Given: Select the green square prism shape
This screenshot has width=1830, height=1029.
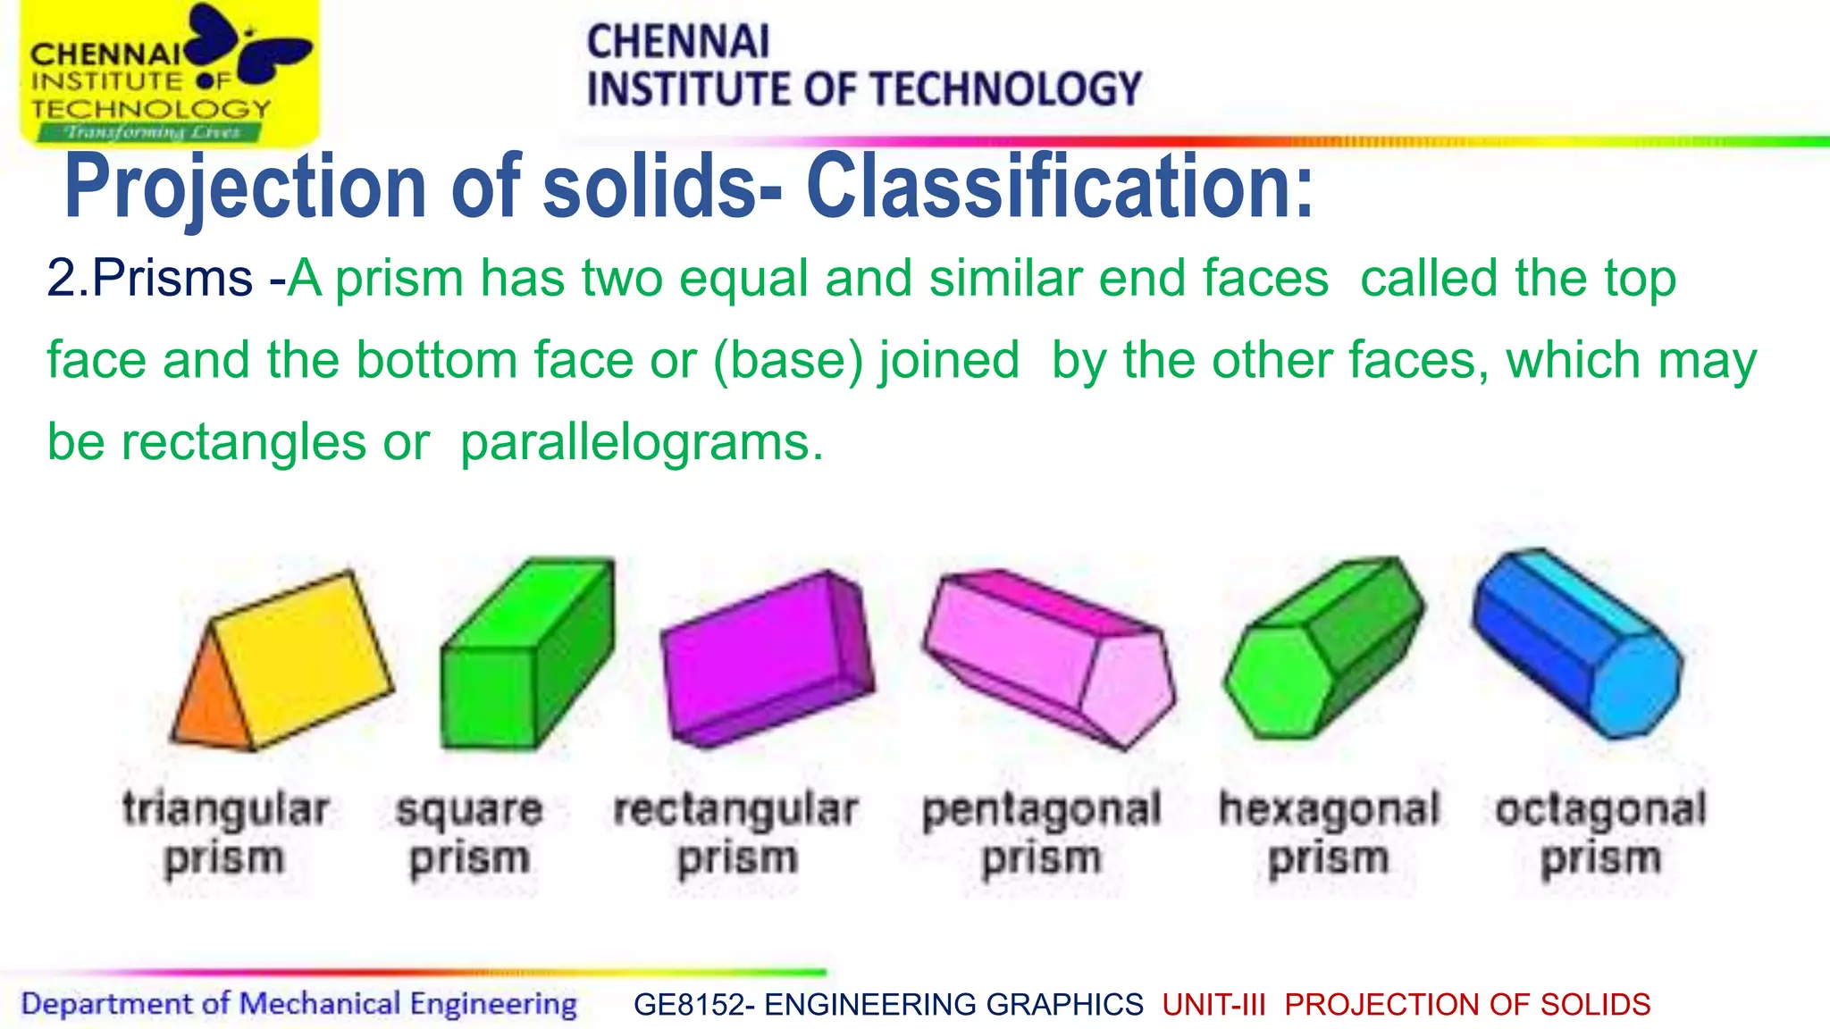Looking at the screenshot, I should pos(527,657).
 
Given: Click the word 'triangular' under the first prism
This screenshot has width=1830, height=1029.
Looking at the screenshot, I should pos(226,810).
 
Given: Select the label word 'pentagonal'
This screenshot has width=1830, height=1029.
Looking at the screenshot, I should pos(1041,810).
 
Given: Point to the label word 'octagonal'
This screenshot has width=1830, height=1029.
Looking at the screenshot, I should pos(1600,810).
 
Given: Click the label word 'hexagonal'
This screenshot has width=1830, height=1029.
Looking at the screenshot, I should pos(1329,810).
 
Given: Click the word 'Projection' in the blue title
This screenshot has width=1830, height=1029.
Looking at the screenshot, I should pos(246,188).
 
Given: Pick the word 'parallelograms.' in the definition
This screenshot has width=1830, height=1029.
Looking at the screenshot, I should pos(642,442).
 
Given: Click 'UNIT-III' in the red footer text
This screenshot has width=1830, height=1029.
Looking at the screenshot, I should pos(1214,1005).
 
